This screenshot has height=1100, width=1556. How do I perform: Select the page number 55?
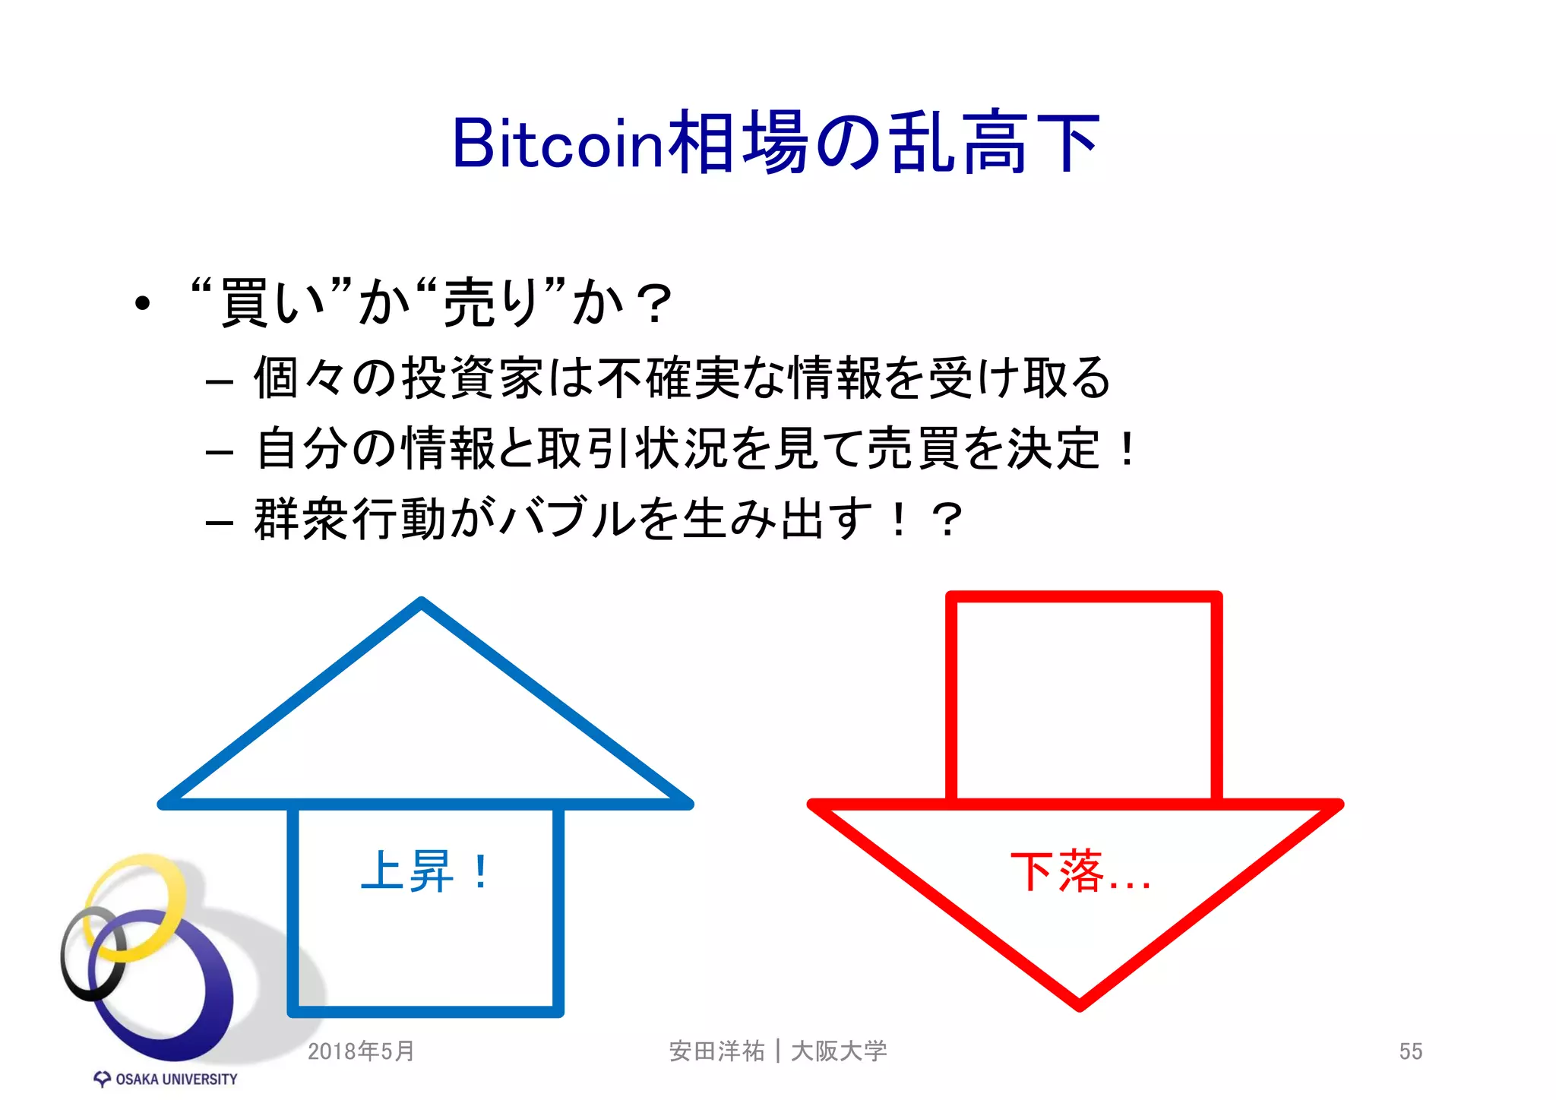(1410, 1051)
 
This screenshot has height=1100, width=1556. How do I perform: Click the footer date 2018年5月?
(361, 1051)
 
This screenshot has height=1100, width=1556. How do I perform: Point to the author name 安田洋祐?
(716, 1051)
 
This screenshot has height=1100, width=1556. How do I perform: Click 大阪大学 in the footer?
(839, 1051)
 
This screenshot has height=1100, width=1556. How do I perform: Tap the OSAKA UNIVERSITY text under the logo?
(176, 1079)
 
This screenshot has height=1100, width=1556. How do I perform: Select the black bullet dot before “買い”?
(143, 304)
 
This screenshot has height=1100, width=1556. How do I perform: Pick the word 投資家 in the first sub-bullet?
(471, 378)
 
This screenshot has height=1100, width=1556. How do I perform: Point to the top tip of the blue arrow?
(422, 602)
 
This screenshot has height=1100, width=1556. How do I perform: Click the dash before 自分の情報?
(219, 451)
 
